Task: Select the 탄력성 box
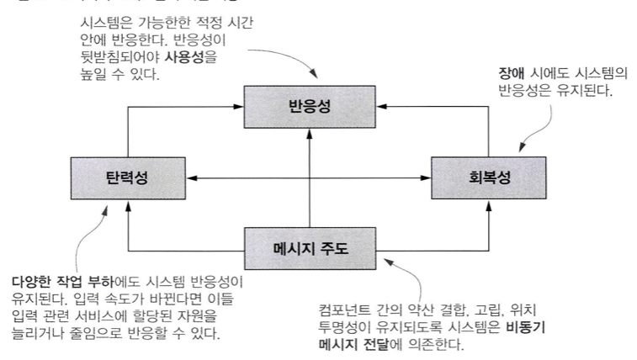point(125,178)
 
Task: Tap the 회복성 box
point(490,178)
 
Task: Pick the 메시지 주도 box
point(309,249)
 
